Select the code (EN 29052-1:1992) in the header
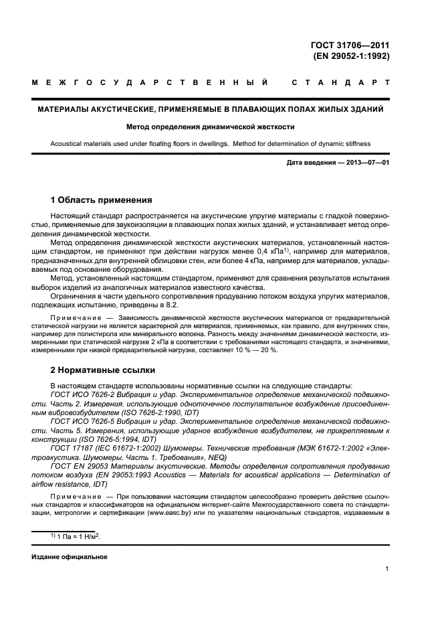coord(351,56)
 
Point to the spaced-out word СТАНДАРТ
coord(340,84)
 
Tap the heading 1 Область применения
coord(102,200)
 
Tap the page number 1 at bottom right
coord(387,569)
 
